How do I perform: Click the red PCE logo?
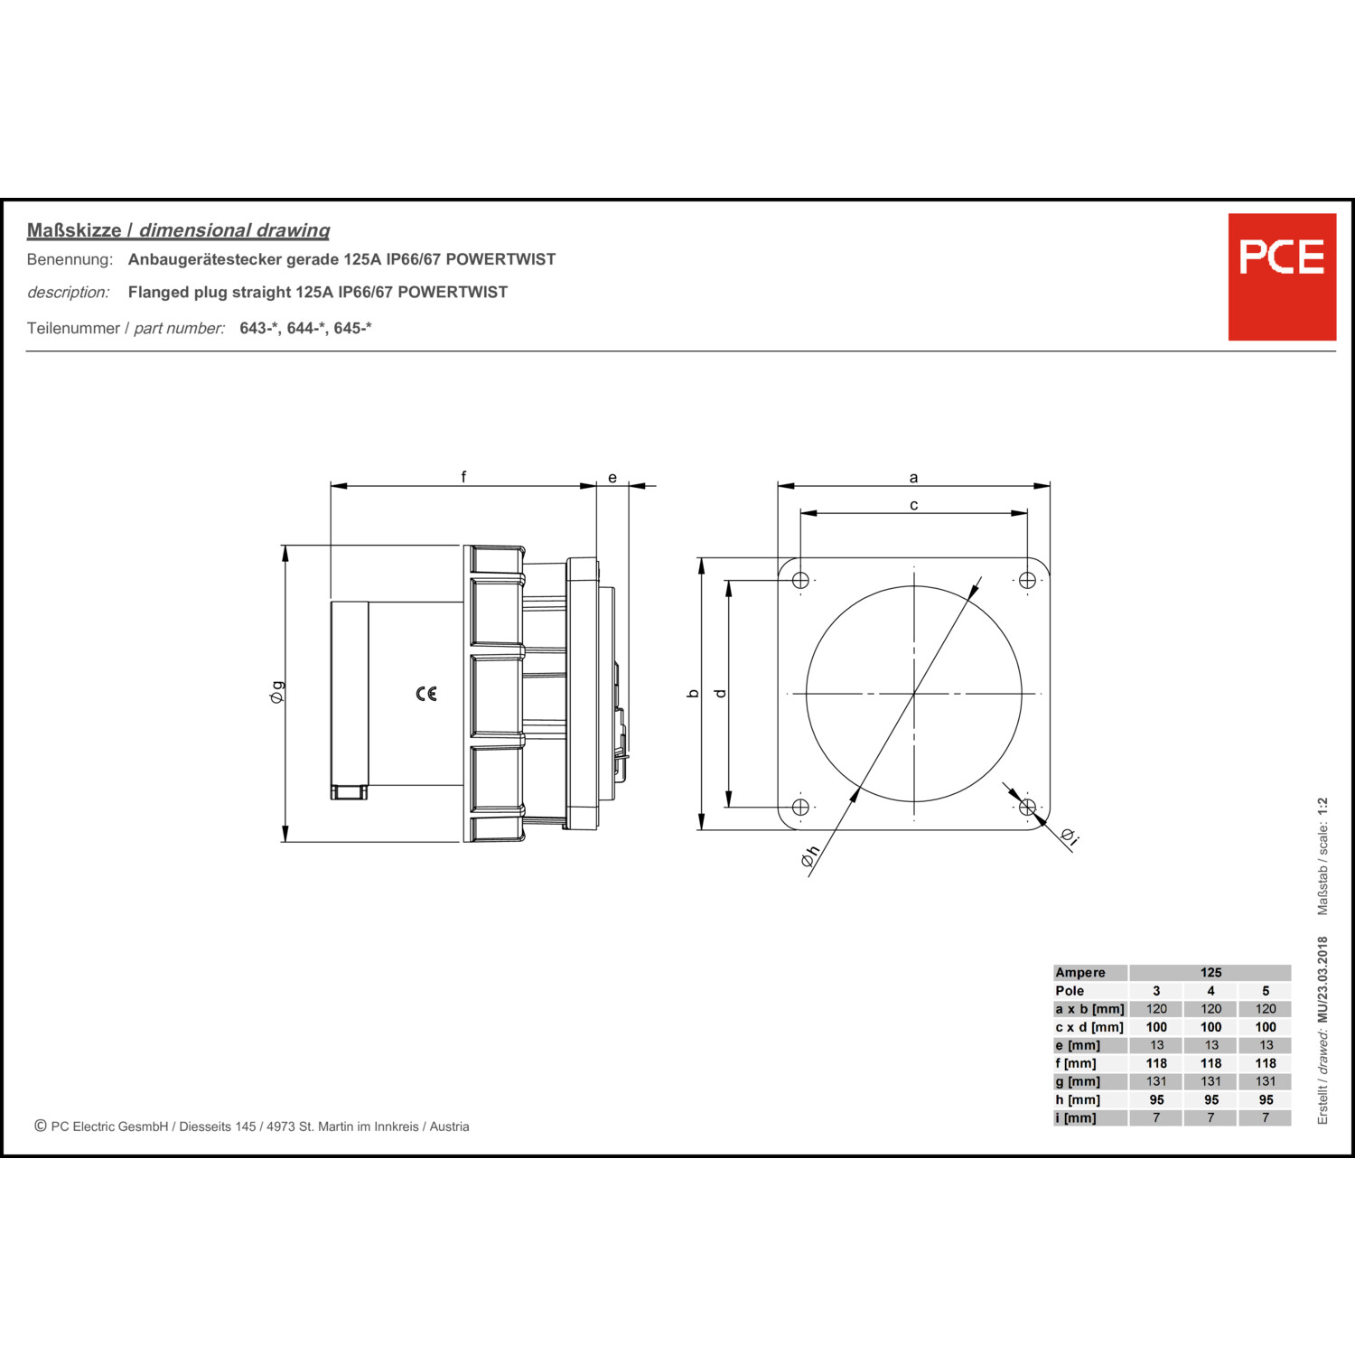click(x=1282, y=276)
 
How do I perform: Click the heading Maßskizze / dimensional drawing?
click(x=178, y=230)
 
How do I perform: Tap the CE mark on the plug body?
click(x=426, y=694)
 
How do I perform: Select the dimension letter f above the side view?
click(x=463, y=476)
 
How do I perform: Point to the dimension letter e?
click(x=612, y=478)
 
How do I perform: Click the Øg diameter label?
click(x=277, y=692)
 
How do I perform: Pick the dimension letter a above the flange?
click(x=913, y=478)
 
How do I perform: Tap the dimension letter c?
click(x=913, y=505)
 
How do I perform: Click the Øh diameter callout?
click(x=810, y=855)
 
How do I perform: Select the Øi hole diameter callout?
click(x=1070, y=836)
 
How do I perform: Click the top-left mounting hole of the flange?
click(x=800, y=580)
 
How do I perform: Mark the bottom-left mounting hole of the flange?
click(x=800, y=807)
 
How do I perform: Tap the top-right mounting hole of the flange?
click(x=1027, y=580)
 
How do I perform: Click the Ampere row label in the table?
click(x=1080, y=973)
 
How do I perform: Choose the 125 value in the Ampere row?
click(x=1210, y=973)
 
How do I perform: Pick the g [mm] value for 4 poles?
click(x=1210, y=1081)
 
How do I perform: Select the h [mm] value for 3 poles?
click(x=1156, y=1100)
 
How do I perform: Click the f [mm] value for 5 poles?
click(x=1266, y=1063)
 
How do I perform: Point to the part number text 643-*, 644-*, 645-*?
click(x=305, y=328)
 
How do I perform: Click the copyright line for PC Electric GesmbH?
click(x=252, y=1126)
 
